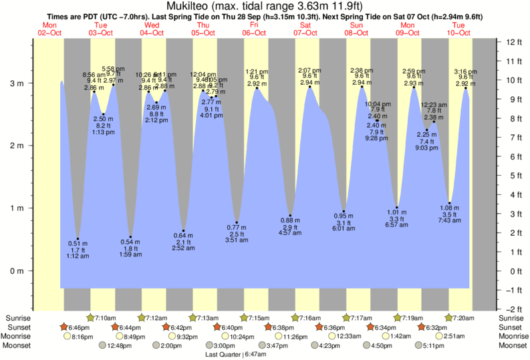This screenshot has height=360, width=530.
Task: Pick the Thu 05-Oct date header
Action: pos(203,29)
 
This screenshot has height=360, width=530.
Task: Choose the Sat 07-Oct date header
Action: pos(305,29)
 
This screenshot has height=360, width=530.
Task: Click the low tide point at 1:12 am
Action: pos(78,238)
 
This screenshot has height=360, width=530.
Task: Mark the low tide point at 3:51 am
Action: pos(237,222)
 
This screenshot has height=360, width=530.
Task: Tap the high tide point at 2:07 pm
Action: pos(309,87)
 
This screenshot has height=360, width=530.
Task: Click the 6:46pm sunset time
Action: pos(80,327)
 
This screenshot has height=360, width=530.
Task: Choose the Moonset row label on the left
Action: pos(19,346)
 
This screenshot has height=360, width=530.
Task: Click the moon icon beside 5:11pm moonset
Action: pos(418,346)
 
